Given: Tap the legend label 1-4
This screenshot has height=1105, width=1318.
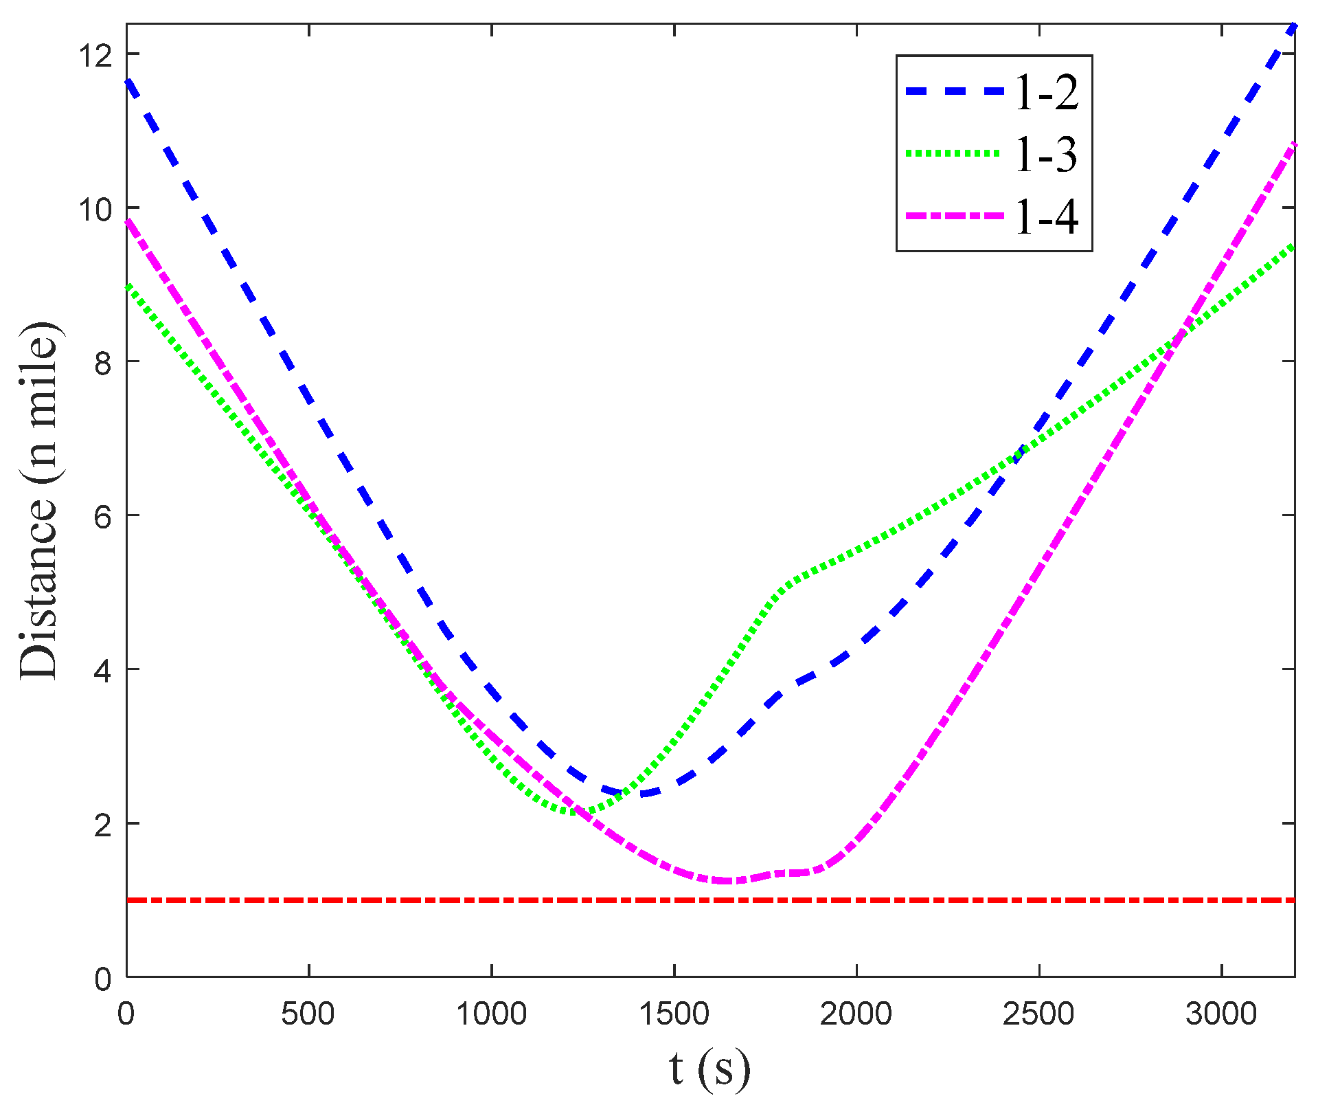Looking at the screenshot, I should [1045, 216].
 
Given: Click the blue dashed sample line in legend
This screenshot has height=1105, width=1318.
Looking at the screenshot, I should [955, 91].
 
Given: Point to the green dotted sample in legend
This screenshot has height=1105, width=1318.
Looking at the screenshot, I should [955, 154].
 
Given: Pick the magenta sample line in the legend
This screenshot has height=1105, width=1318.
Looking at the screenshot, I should [955, 216].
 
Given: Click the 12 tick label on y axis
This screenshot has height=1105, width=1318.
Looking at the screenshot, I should [95, 54].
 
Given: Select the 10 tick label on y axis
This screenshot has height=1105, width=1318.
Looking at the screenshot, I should [95, 208].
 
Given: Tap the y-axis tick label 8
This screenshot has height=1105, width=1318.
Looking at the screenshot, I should [103, 362].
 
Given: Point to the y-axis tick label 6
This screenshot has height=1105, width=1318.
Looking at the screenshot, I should [103, 516].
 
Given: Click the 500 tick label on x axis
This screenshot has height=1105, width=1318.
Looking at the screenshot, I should [308, 1014].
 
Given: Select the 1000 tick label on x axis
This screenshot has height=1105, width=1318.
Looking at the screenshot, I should [492, 1014].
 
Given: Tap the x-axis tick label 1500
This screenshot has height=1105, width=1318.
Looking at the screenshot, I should [674, 1014].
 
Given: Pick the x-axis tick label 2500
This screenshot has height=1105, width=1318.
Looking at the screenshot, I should [1039, 1014].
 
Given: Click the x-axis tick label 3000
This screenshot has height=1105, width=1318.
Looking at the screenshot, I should [1222, 1014].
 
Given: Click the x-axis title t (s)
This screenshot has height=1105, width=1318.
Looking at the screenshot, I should [710, 1069].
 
